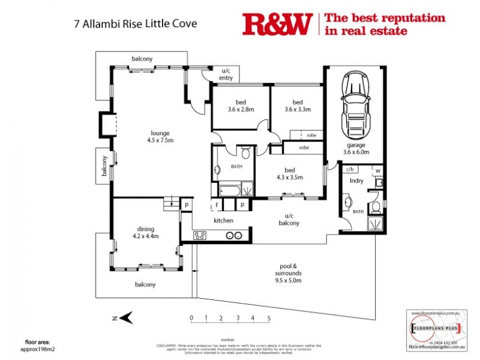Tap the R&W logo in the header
[277, 24]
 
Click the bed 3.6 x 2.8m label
[241, 106]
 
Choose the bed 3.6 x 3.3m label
[298, 106]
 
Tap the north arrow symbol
[125, 317]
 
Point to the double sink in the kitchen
[233, 236]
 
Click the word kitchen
[223, 221]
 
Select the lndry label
[357, 180]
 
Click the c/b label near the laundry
[349, 170]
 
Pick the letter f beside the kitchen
[217, 205]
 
